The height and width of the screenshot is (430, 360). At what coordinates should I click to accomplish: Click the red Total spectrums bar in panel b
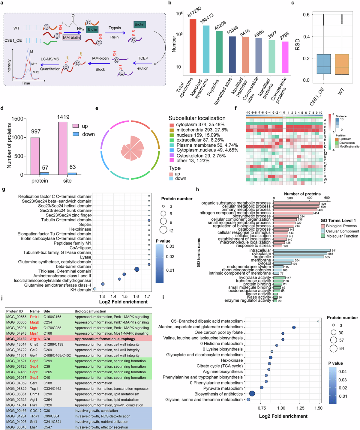pyautogui.click(x=193, y=46)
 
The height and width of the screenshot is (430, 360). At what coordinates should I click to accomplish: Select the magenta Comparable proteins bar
pyautogui.click(x=285, y=57)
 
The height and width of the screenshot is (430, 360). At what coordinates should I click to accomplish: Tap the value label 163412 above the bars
pyautogui.click(x=207, y=18)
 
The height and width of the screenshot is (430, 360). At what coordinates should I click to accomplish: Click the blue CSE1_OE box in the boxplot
pyautogui.click(x=323, y=64)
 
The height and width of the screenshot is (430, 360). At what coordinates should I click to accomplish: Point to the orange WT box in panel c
pyautogui.click(x=342, y=64)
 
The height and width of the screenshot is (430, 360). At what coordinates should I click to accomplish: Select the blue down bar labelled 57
pyautogui.click(x=44, y=173)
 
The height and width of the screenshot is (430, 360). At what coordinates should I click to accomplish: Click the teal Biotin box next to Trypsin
pyautogui.click(x=139, y=25)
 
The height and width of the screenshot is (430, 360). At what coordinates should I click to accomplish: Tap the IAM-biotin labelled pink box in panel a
pyautogui.click(x=71, y=37)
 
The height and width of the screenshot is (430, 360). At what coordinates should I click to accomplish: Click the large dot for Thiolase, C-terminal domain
pyautogui.click(x=137, y=269)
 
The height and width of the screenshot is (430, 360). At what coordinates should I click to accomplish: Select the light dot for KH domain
pyautogui.click(x=95, y=289)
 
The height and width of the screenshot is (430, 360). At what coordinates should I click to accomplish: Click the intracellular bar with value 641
pyautogui.click(x=302, y=250)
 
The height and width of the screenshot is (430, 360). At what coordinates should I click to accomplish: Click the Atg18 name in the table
pyautogui.click(x=35, y=339)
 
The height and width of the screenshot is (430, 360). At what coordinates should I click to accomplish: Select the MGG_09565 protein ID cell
pyautogui.click(x=16, y=317)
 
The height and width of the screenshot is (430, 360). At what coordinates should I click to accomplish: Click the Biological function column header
pyautogui.click(x=90, y=311)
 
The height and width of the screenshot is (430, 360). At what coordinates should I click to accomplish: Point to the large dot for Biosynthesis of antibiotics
pyautogui.click(x=252, y=394)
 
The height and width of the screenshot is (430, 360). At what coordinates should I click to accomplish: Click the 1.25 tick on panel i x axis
pyautogui.click(x=300, y=408)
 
